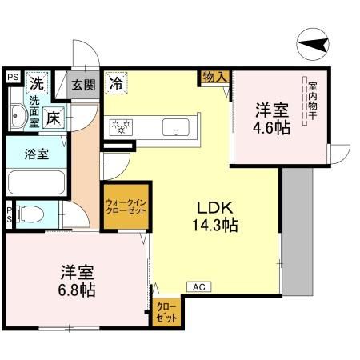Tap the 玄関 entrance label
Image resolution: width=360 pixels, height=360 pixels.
pyautogui.click(x=82, y=84)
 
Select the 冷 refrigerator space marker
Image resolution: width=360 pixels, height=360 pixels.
pyautogui.click(x=117, y=82)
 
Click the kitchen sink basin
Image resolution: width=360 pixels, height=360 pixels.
pyautogui.click(x=175, y=126)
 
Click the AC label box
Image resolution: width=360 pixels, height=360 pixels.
pyautogui.click(x=197, y=286)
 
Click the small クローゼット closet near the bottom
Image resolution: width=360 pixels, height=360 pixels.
pyautogui.click(x=167, y=310)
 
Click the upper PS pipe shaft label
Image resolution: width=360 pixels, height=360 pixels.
pyautogui.click(x=13, y=77)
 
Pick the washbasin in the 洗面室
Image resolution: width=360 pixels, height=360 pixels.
pyautogui.click(x=20, y=118)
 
